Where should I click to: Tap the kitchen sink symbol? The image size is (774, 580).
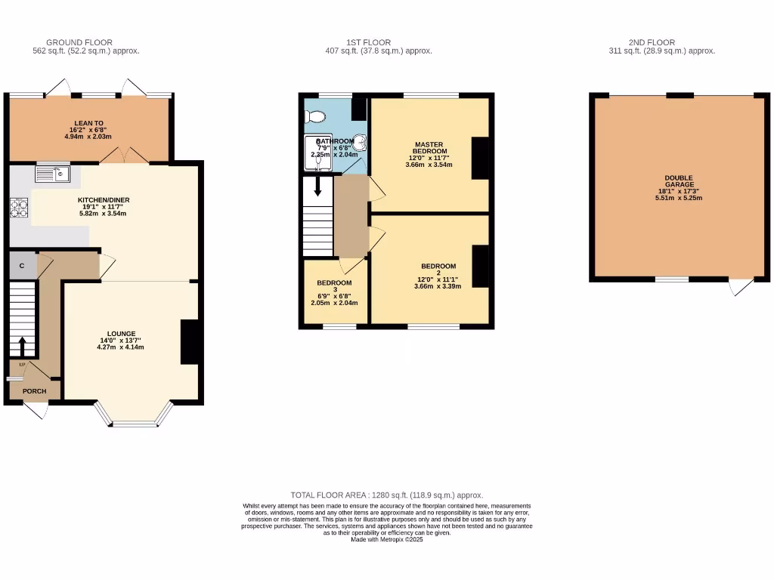[x=52, y=175]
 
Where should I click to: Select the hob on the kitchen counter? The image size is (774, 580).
[x=19, y=208]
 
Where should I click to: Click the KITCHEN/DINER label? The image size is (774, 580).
[x=104, y=200]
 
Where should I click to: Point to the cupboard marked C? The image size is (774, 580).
[x=22, y=266]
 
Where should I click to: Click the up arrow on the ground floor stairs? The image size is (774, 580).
[x=22, y=346]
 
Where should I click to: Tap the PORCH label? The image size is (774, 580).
[x=35, y=391]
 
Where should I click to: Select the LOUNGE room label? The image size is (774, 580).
[x=121, y=334]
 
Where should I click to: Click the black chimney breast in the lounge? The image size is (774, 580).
[x=190, y=342]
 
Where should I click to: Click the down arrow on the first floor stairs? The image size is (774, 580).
[x=317, y=186]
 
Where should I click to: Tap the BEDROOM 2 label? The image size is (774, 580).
[x=438, y=270]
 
